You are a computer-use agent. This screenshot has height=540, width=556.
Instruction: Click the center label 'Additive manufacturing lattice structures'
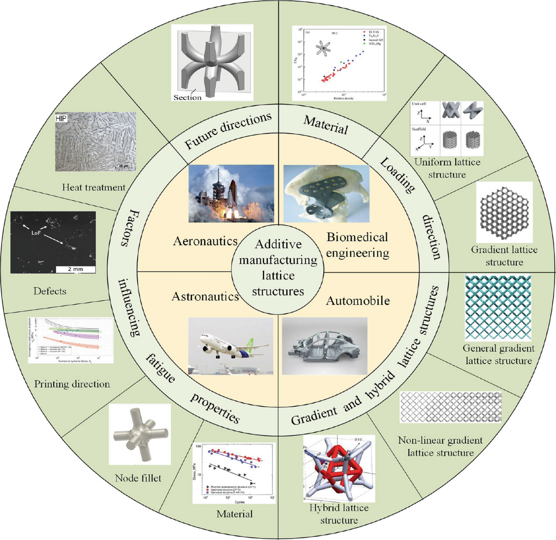(278, 268)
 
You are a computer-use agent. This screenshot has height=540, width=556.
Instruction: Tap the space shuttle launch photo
(231, 194)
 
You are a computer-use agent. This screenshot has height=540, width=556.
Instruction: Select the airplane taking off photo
(230, 346)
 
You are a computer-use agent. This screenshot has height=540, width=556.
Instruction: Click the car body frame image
(324, 346)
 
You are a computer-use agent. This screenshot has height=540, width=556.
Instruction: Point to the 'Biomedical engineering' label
(357, 245)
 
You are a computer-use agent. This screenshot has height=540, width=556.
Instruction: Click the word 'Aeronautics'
(205, 241)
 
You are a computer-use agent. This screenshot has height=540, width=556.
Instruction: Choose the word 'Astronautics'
(205, 297)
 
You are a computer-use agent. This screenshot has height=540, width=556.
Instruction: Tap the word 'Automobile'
(358, 301)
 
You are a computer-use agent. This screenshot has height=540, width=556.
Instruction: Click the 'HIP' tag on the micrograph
(62, 118)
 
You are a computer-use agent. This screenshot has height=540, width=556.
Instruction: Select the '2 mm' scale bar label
(76, 269)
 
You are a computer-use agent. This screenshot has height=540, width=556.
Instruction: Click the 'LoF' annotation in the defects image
(37, 233)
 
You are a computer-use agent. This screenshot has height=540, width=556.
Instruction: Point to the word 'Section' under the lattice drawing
(187, 97)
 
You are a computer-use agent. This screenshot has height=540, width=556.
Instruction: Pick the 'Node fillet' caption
(138, 478)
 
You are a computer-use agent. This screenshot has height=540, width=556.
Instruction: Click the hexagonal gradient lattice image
(504, 212)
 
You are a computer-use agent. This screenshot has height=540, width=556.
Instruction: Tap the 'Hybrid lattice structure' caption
(339, 514)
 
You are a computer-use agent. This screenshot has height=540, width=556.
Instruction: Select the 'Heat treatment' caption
(94, 187)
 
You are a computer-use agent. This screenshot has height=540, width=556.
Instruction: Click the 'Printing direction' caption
(72, 384)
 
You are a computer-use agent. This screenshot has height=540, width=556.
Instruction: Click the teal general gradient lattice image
(498, 308)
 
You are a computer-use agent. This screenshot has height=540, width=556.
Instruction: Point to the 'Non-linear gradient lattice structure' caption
(440, 447)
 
